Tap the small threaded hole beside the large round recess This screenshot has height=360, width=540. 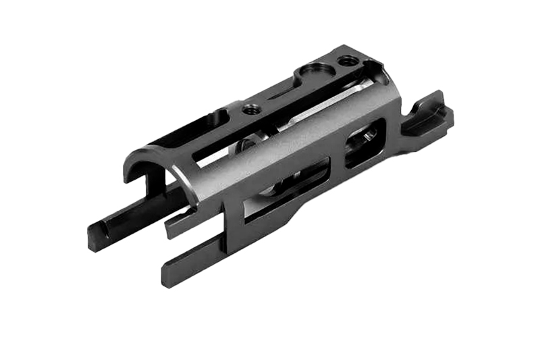tap(348, 61)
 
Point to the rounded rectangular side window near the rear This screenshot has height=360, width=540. tap(364, 142)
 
